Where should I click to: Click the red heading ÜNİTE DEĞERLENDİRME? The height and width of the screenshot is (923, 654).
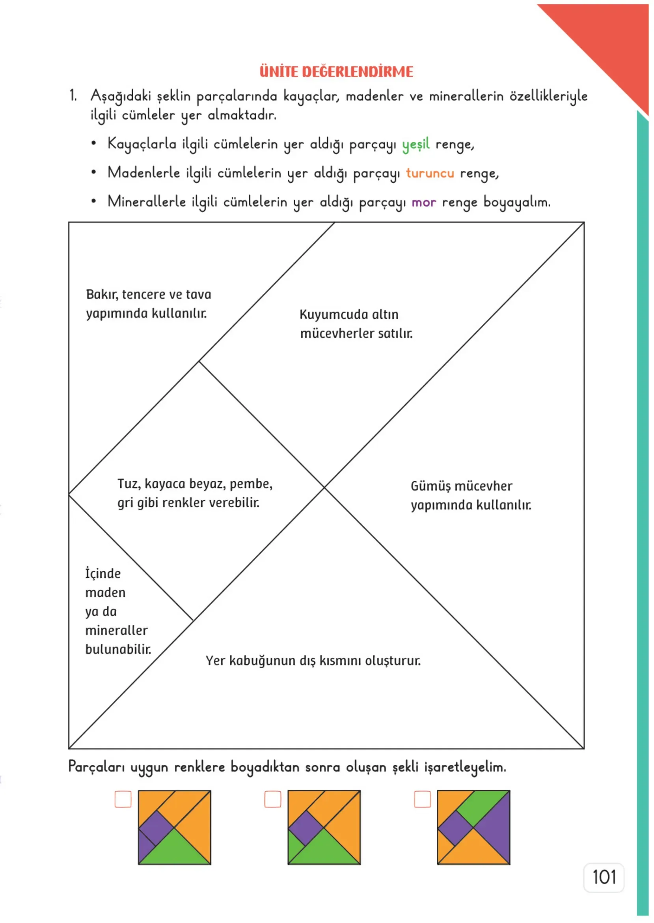(x=336, y=71)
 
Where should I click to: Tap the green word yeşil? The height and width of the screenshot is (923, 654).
(x=416, y=144)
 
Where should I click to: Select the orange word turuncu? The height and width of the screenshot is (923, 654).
(x=430, y=173)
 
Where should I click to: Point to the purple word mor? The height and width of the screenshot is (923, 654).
(x=424, y=202)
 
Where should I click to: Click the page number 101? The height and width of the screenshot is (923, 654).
(x=604, y=877)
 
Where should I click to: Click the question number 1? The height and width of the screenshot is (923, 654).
(x=73, y=95)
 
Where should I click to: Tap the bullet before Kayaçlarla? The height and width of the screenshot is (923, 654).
(x=93, y=144)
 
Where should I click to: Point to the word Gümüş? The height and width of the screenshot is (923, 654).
(x=430, y=486)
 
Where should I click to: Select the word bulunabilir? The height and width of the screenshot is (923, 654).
(x=118, y=649)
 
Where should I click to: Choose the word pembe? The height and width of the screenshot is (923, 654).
(x=251, y=484)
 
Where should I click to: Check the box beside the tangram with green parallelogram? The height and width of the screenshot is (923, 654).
(x=422, y=799)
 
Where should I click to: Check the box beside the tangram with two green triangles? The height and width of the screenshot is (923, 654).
(x=273, y=799)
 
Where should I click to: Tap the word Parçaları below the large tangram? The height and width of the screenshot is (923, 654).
(x=97, y=767)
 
